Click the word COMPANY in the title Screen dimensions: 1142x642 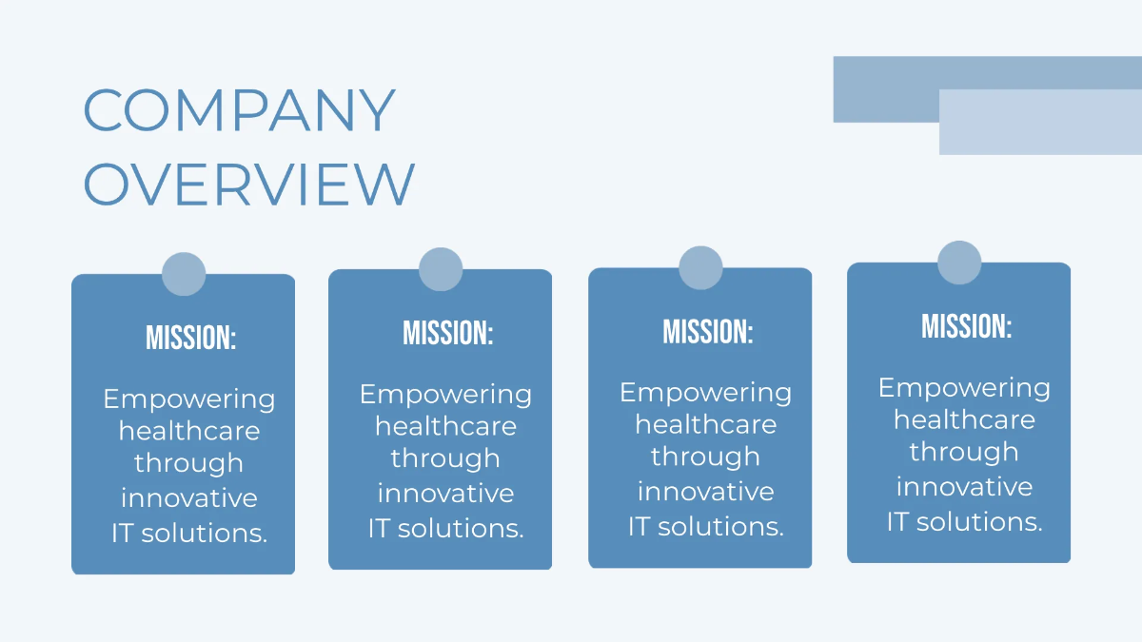(x=240, y=110)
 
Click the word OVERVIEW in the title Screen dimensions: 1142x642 (x=249, y=184)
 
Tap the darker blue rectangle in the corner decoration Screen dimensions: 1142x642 (x=988, y=89)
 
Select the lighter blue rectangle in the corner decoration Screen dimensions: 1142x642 (x=1040, y=123)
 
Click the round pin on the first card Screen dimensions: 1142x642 (x=184, y=274)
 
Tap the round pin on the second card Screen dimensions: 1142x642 (x=441, y=269)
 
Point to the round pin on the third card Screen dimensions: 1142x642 (x=700, y=268)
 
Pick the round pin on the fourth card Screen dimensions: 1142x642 (x=959, y=263)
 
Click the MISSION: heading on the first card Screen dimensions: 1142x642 (x=190, y=338)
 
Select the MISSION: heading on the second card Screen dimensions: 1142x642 (x=447, y=333)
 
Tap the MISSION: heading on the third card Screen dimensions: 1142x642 (x=708, y=331)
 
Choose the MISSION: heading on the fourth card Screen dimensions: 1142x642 (x=967, y=325)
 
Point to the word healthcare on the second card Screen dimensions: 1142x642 (x=446, y=426)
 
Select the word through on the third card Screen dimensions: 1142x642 (x=705, y=457)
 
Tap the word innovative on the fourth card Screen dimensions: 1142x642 (x=965, y=486)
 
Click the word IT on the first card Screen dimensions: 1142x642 (x=122, y=534)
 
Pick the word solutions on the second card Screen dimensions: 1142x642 (x=461, y=528)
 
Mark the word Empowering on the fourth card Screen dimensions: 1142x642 (x=964, y=389)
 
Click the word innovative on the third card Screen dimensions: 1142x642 (x=706, y=492)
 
